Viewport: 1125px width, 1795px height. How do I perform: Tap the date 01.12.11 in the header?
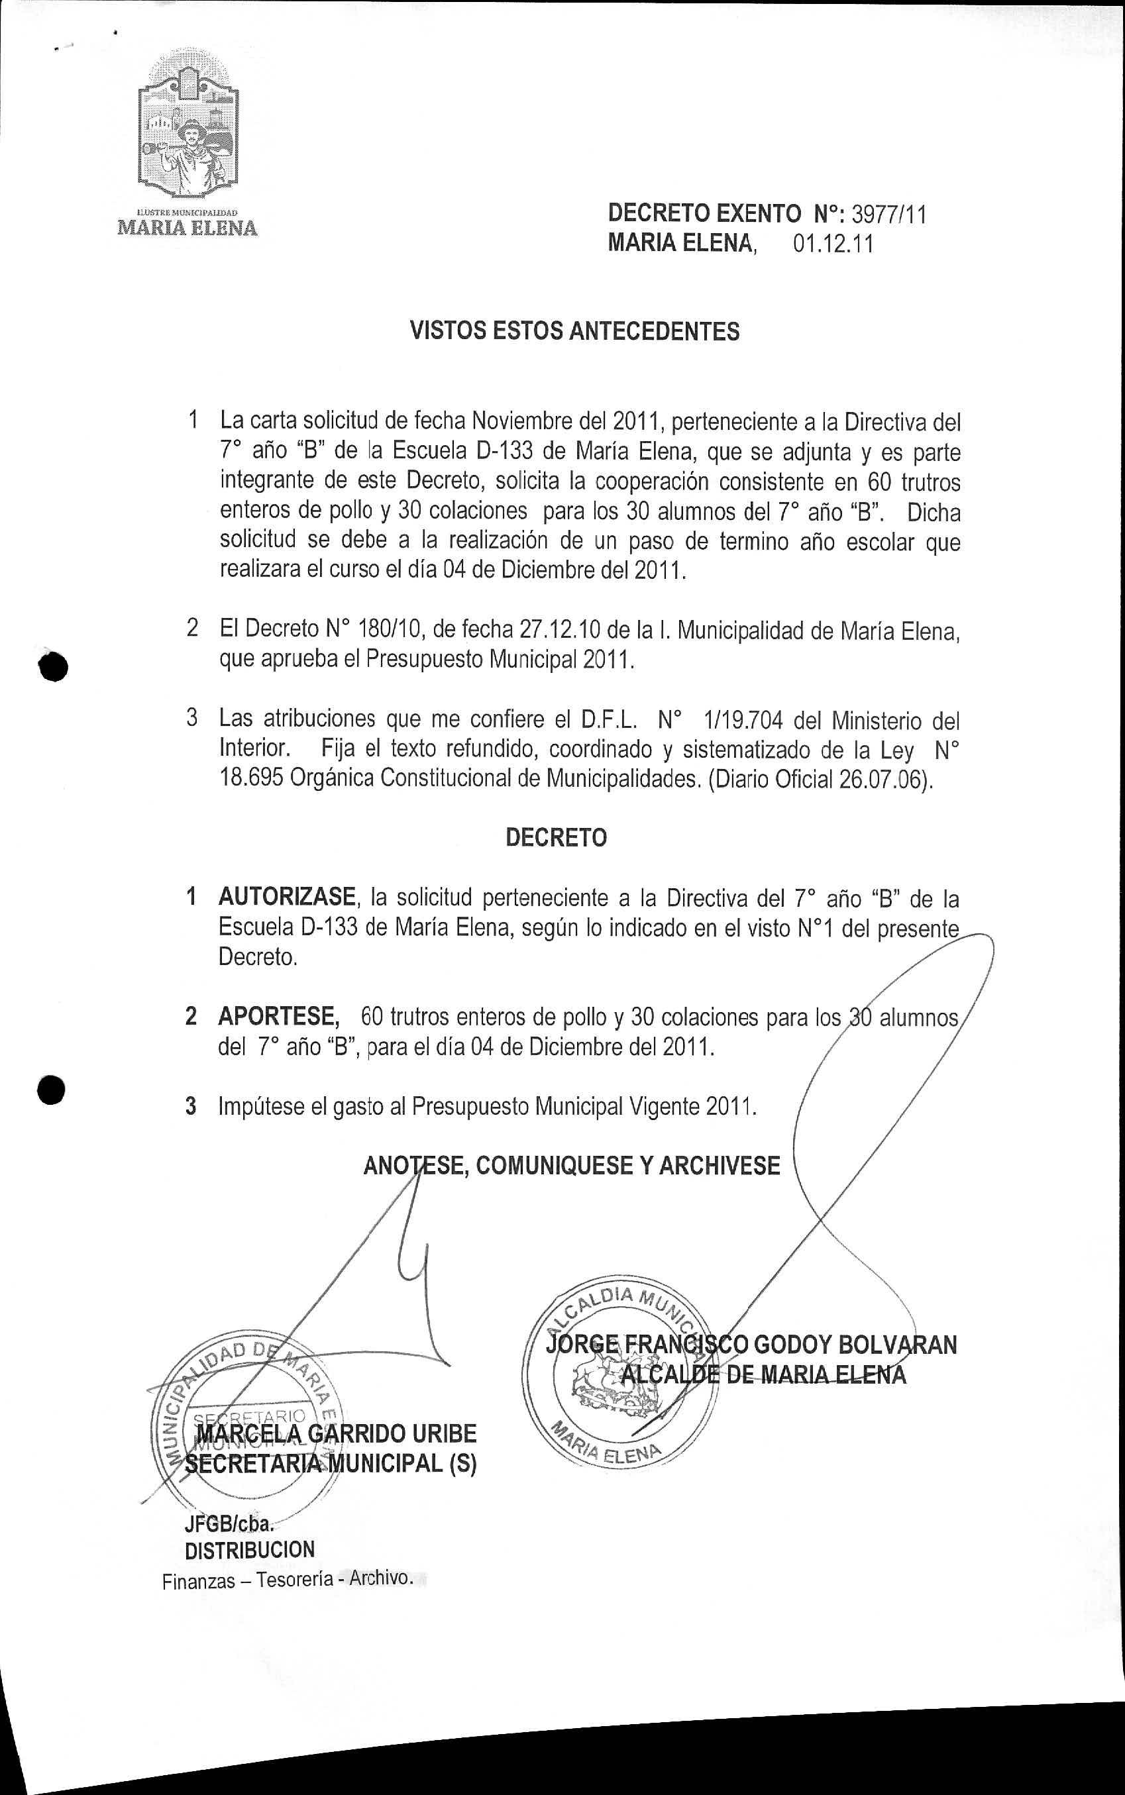click(833, 244)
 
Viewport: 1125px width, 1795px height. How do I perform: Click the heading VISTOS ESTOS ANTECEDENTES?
click(574, 331)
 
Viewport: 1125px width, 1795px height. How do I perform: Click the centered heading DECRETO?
click(556, 838)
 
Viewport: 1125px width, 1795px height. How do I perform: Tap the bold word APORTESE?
click(278, 1016)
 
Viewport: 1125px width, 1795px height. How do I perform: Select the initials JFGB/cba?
click(229, 1524)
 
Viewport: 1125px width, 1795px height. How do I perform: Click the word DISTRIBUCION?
click(249, 1551)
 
